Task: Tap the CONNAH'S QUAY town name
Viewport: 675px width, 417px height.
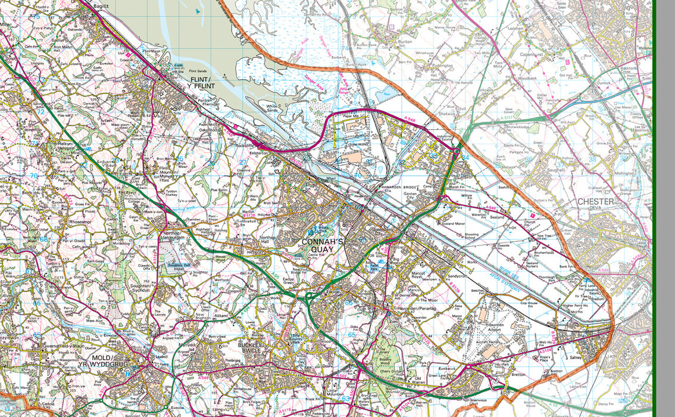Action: tap(323, 245)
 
